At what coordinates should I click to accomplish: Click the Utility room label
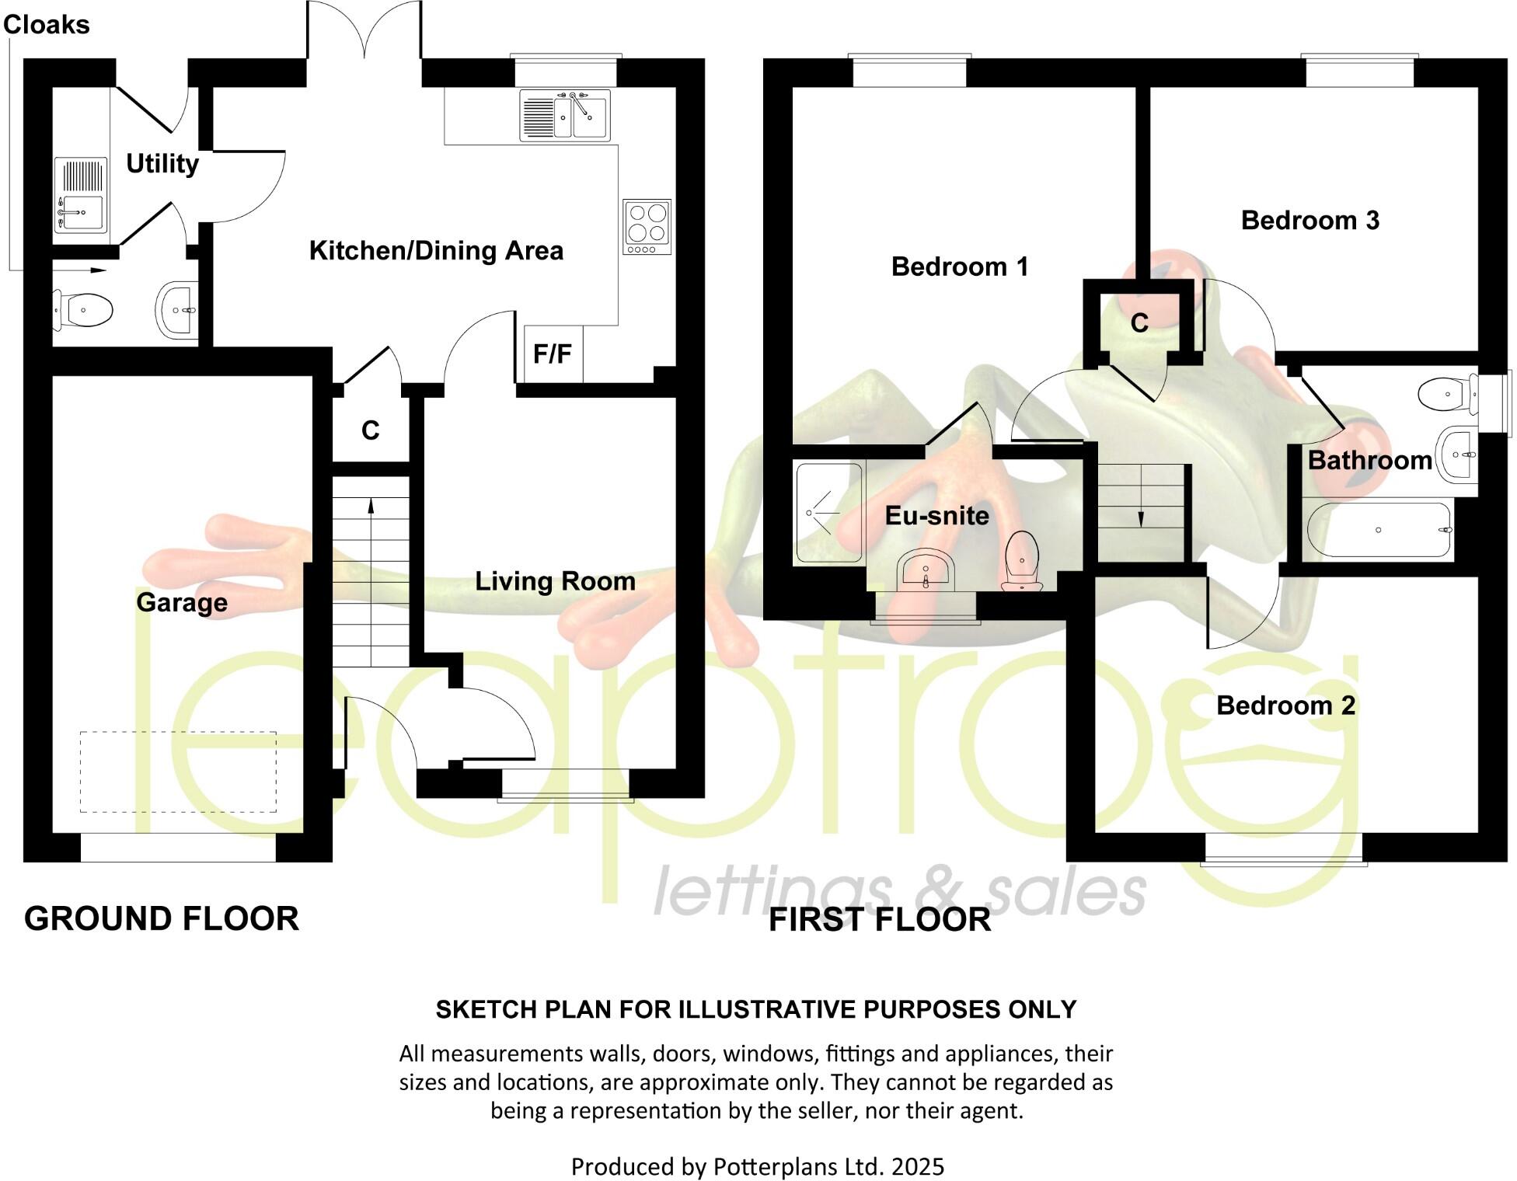click(162, 163)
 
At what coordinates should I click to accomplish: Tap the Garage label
click(182, 602)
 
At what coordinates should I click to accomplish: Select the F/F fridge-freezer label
click(552, 354)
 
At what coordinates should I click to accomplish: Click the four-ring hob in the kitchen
click(647, 227)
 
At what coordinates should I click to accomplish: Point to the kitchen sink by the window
click(565, 116)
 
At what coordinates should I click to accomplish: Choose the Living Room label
click(555, 581)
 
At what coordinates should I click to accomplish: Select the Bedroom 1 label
click(960, 267)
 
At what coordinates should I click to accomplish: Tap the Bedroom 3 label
click(1310, 220)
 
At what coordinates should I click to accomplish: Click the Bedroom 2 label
click(1285, 705)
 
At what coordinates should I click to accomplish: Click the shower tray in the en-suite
click(829, 513)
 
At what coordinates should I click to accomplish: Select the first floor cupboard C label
click(1139, 322)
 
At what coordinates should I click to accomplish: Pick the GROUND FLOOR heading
click(162, 918)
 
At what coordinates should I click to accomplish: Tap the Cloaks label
click(47, 25)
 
